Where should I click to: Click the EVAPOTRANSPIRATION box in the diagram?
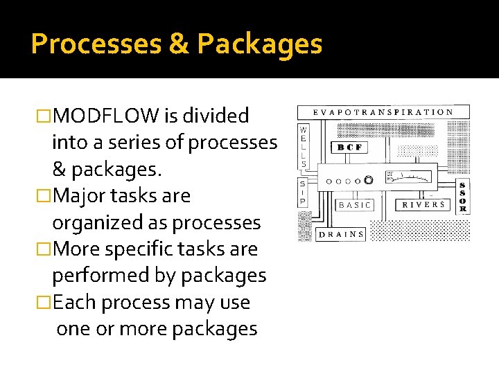(383, 112)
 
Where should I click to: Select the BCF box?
(349, 148)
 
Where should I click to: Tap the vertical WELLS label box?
(303, 147)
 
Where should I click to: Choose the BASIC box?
(355, 205)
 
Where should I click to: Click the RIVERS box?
(423, 205)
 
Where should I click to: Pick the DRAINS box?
(341, 234)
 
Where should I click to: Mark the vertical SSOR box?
(463, 198)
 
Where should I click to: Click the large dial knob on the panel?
(369, 180)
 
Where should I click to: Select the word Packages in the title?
(259, 44)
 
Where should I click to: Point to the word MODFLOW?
(106, 116)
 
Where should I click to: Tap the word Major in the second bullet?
(80, 196)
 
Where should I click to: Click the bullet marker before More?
(43, 249)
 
